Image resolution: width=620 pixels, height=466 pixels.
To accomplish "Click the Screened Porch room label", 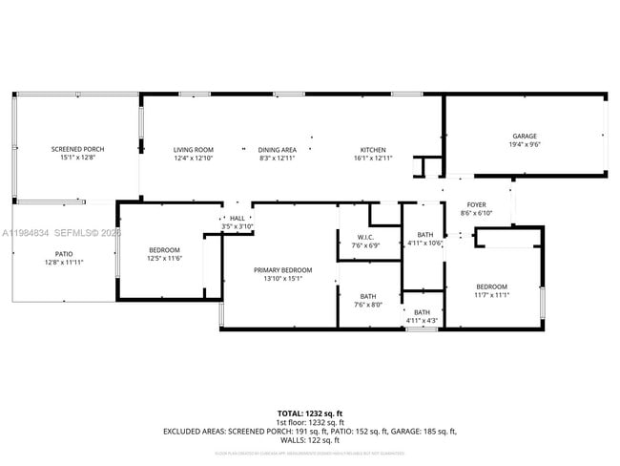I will click(x=77, y=150).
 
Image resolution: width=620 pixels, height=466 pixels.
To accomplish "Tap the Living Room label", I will click(x=193, y=150).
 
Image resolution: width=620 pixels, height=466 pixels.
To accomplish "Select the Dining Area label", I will click(x=278, y=150).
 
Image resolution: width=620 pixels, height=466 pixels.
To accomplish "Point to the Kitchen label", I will click(x=373, y=150).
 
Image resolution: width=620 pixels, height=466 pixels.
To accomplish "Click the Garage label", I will click(x=525, y=137).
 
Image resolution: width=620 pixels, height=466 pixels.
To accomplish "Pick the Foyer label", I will click(x=476, y=205).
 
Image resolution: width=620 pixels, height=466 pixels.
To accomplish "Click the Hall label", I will click(x=238, y=219).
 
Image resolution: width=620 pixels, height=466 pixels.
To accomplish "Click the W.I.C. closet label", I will click(x=364, y=237).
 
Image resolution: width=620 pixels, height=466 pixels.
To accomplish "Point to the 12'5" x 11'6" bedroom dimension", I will click(x=164, y=259).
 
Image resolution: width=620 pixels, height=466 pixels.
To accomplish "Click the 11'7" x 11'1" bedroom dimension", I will click(x=492, y=295).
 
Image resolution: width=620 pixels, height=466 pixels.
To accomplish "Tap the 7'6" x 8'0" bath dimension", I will click(x=367, y=305).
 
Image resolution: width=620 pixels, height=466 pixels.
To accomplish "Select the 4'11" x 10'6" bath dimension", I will click(x=424, y=243).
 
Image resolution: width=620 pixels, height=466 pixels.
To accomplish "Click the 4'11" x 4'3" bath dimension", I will click(x=422, y=320).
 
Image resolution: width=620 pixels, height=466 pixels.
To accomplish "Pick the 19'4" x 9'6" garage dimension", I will click(x=525, y=145).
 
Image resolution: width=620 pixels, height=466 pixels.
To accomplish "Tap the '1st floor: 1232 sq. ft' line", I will click(x=309, y=421).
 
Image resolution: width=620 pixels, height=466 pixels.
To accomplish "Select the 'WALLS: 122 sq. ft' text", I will click(x=309, y=441).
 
